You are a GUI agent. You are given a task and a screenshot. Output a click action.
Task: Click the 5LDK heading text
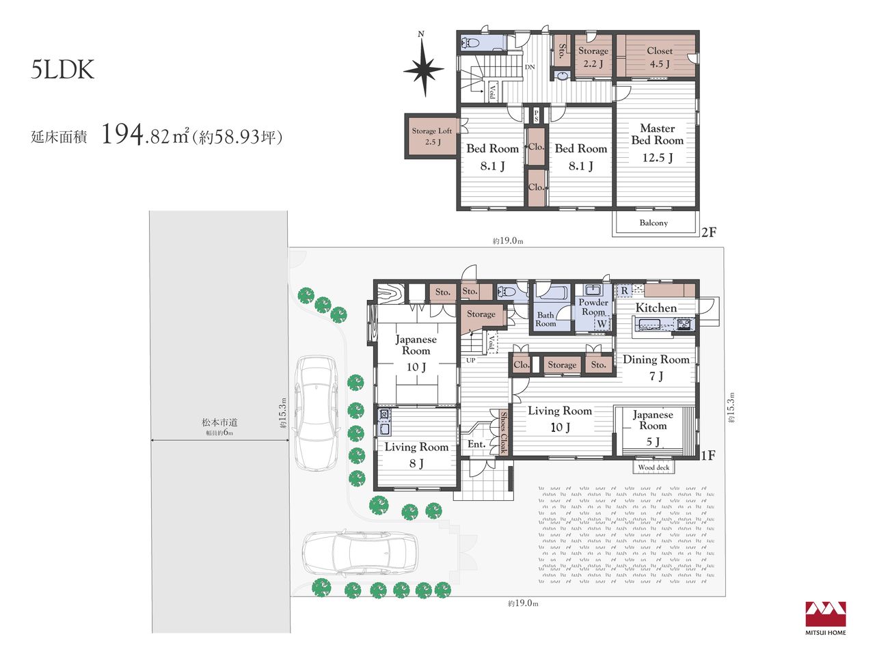[63, 70]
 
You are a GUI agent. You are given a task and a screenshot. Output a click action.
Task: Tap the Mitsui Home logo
[826, 618]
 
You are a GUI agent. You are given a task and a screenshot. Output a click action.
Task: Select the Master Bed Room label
[658, 134]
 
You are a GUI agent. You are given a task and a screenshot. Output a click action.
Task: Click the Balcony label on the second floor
[654, 223]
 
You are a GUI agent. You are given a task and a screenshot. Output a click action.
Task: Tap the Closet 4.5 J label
[660, 57]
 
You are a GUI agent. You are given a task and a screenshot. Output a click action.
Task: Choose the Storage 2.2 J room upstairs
[593, 57]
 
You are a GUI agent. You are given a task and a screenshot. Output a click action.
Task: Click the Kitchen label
[656, 307]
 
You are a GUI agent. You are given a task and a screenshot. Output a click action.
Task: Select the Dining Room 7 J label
[656, 367]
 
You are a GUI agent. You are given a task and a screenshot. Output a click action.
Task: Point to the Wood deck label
[654, 467]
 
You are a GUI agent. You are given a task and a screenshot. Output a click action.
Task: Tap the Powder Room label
[593, 307]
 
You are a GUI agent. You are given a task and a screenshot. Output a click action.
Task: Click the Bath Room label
[546, 319]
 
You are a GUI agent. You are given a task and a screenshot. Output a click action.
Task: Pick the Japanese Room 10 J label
[416, 353]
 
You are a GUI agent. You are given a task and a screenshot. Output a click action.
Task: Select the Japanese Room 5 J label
[653, 429]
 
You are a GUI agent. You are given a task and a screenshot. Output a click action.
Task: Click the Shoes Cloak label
[503, 433]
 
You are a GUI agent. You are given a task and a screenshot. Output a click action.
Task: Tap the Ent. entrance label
[476, 443]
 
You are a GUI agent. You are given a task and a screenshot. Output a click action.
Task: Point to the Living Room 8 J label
[416, 455]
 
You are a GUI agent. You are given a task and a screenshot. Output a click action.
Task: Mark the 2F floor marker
[709, 232]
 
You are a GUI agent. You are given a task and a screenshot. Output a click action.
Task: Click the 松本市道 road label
[219, 422]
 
